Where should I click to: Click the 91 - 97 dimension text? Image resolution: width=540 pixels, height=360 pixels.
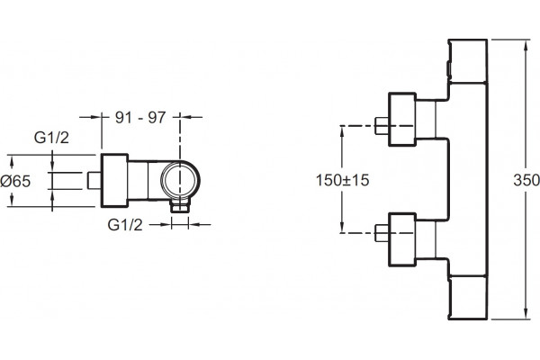(140, 118)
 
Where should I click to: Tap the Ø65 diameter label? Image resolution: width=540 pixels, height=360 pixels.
(15, 181)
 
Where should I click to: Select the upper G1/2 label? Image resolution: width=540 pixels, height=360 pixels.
(51, 138)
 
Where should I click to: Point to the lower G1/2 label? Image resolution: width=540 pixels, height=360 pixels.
(125, 225)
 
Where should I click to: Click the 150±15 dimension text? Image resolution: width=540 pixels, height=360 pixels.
(342, 180)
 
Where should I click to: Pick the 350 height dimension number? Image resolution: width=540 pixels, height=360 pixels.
(526, 180)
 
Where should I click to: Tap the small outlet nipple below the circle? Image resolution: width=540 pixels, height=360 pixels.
(180, 207)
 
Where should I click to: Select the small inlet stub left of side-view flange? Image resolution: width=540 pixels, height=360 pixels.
(94, 181)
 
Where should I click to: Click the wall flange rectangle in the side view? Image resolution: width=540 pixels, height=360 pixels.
(114, 181)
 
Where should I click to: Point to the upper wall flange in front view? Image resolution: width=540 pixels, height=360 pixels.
(402, 119)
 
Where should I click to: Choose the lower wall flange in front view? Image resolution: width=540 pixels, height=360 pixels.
(402, 239)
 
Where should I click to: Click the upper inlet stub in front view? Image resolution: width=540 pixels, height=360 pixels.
(382, 126)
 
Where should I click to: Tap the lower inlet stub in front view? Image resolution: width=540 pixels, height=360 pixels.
(382, 233)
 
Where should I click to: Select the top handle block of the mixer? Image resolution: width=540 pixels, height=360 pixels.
(468, 61)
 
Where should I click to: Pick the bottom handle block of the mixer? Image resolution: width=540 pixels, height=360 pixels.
(468, 298)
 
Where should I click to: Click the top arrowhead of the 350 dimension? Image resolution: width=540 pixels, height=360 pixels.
(526, 46)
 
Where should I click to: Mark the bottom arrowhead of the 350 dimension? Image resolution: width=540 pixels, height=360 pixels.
(526, 312)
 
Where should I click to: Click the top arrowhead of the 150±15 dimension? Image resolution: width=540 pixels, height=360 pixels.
(342, 132)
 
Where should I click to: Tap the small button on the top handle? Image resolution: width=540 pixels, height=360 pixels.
(448, 69)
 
